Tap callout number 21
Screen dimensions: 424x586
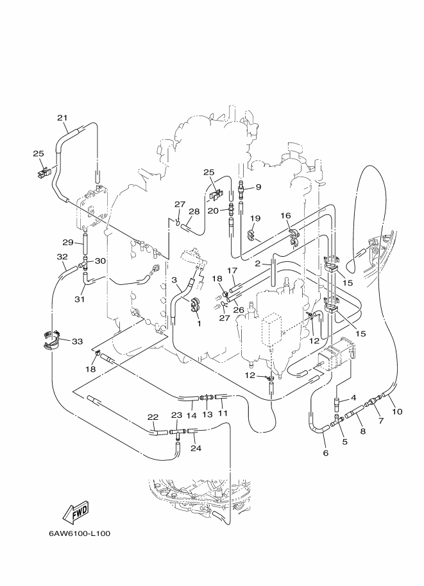coord(62,117)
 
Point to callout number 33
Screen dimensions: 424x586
coord(78,341)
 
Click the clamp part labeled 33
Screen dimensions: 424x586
coord(51,340)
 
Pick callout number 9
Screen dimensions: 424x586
coord(258,187)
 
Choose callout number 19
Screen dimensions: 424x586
coord(255,218)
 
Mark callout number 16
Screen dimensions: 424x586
coord(285,216)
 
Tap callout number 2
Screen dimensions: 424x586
coord(257,264)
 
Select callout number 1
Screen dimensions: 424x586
coord(199,323)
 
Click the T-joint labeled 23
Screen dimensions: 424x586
coord(176,433)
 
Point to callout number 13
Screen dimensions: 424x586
coord(207,415)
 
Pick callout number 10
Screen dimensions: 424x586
coord(397,411)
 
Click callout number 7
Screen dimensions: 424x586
coord(381,421)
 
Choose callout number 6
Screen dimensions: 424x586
coord(325,453)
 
